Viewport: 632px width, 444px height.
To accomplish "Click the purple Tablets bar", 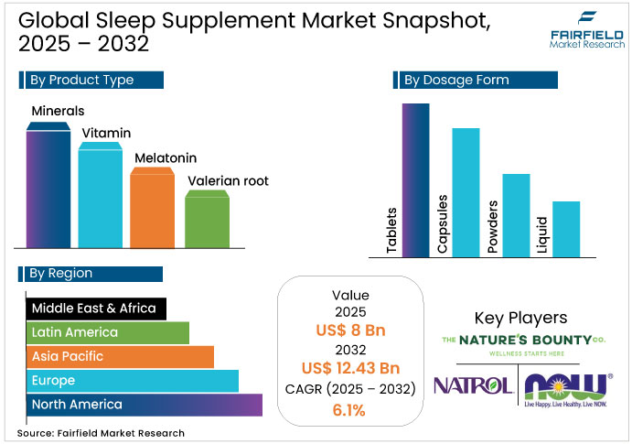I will coord(415,179).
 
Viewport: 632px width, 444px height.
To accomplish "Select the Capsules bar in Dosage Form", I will coord(466,192).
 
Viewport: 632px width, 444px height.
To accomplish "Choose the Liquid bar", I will coord(566,229).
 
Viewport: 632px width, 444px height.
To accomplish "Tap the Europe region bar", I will coord(132,380).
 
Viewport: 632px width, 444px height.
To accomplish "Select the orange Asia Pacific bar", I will coord(119,356).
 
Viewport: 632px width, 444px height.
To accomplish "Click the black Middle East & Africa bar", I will coord(95,309).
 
